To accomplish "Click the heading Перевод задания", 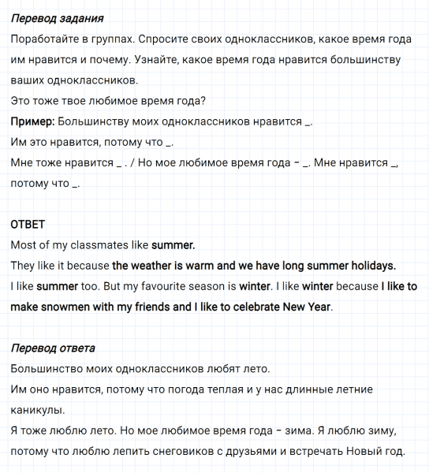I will tap(57, 17).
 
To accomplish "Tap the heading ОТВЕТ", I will tap(28, 225).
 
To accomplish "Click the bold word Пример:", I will tap(32, 121).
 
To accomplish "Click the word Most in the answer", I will tap(24, 244).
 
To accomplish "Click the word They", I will tap(24, 266).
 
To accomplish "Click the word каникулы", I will tap(38, 410).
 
